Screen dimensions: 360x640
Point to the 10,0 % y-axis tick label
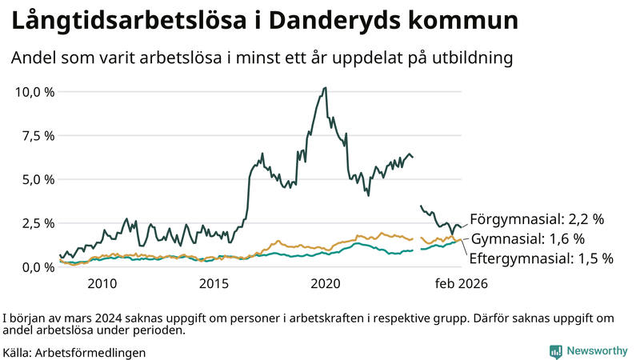pos(35,92)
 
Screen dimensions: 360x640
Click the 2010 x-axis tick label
pos(102,284)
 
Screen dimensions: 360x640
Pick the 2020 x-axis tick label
pos(326,284)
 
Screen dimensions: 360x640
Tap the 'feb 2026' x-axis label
pos(461,284)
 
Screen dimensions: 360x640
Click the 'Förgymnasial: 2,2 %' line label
pos(536,218)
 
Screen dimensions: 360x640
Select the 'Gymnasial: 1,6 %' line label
pos(528,238)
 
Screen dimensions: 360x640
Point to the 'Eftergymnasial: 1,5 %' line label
pos(541,258)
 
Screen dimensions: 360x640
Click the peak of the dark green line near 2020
pos(324,88)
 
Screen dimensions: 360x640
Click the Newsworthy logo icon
pos(555,351)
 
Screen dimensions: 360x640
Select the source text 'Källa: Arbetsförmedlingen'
pos(74,352)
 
